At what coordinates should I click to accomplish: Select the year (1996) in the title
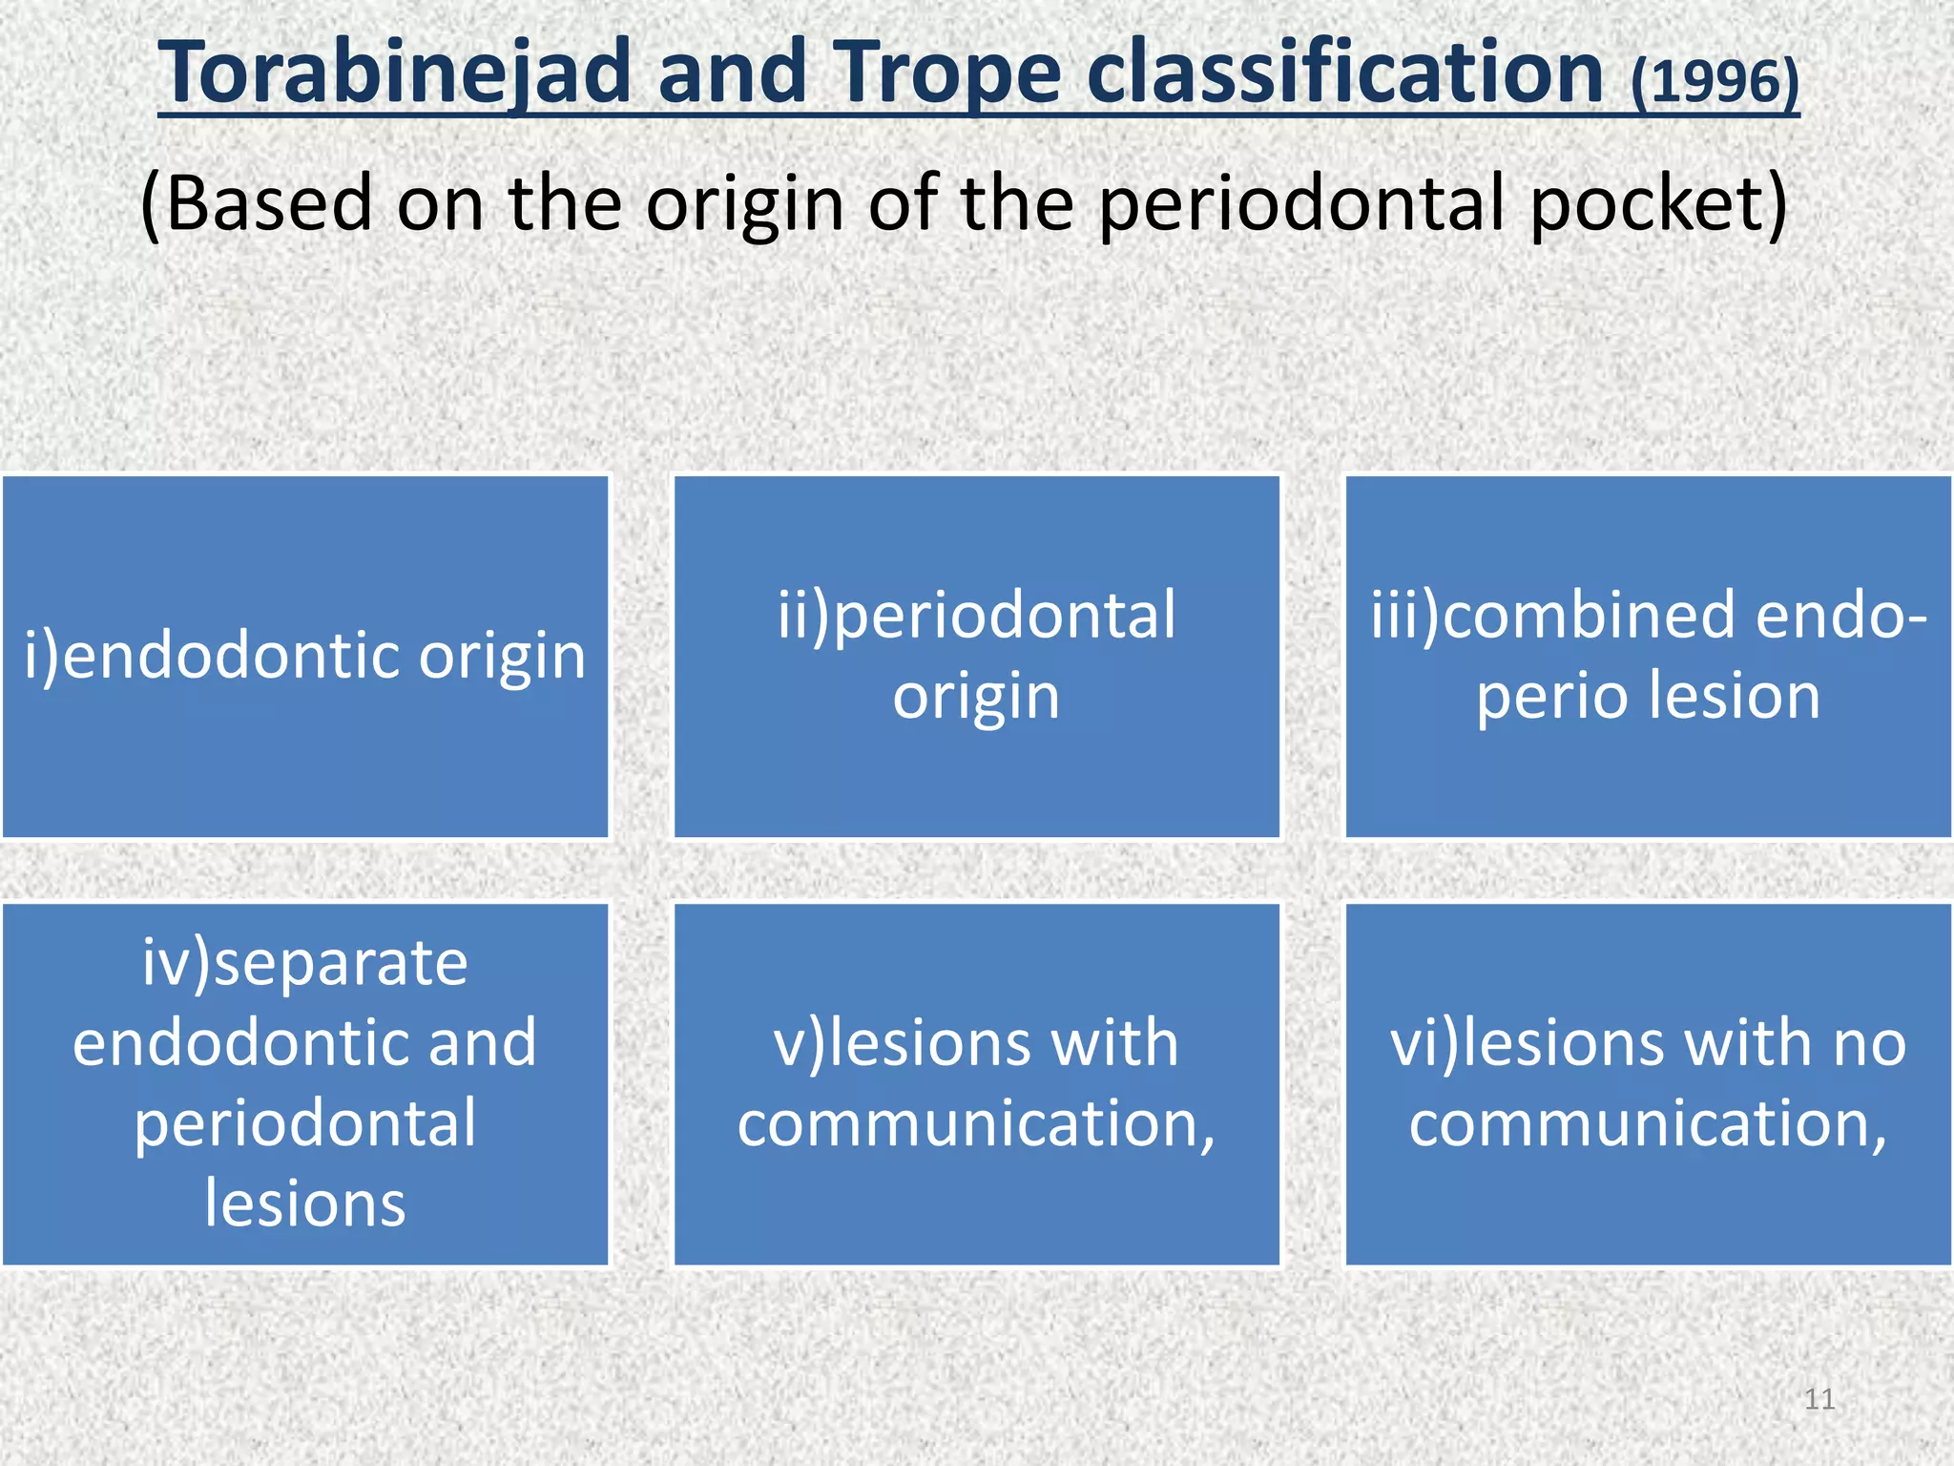click(x=1715, y=81)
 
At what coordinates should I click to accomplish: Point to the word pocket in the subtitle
click(x=1658, y=204)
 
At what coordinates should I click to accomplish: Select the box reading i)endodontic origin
click(x=305, y=657)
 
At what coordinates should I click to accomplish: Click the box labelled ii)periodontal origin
click(x=976, y=657)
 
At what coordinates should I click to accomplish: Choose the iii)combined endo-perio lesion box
click(x=1648, y=657)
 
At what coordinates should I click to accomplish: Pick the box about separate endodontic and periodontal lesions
click(x=305, y=1084)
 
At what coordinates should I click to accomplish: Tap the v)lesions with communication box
click(x=976, y=1084)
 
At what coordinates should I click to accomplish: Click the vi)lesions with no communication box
click(x=1648, y=1084)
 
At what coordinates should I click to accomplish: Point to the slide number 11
click(x=1819, y=1399)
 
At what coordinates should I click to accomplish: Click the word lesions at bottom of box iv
click(x=305, y=1204)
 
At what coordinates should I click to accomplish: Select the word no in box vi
click(x=1868, y=1043)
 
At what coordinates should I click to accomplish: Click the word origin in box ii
click(x=976, y=697)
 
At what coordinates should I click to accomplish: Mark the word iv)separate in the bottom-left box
click(x=305, y=963)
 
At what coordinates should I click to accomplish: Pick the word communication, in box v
click(x=976, y=1124)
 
